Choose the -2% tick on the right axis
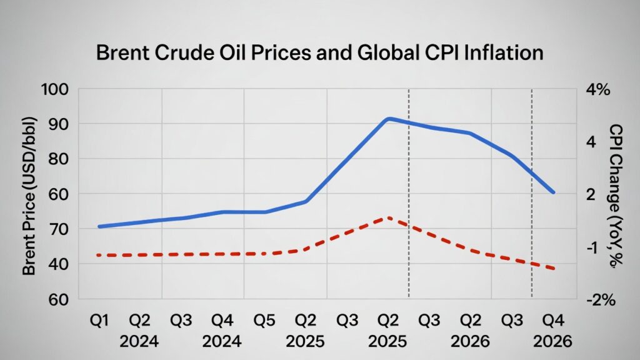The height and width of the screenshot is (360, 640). [601, 300]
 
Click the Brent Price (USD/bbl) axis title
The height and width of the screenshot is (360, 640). [29, 195]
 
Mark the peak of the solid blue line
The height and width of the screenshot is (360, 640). [389, 118]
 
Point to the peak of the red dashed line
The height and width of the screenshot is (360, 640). [389, 217]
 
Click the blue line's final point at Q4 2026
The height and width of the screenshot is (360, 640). [553, 192]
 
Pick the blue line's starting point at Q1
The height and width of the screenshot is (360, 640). [99, 226]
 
